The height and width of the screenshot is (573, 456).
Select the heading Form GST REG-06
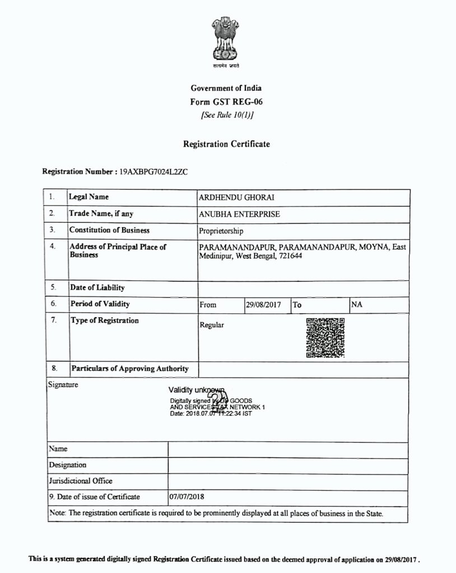(x=226, y=102)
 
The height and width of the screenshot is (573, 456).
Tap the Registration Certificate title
(x=226, y=144)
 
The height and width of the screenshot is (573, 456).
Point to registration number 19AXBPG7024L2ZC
(x=153, y=172)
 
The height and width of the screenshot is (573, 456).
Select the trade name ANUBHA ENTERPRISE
(x=239, y=214)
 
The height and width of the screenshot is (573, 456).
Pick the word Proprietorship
(x=221, y=231)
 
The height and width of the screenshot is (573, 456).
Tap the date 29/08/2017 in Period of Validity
(x=263, y=305)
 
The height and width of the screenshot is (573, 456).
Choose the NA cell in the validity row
(x=356, y=304)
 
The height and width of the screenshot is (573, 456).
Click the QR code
(x=325, y=337)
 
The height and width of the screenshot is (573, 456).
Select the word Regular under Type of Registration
(x=212, y=325)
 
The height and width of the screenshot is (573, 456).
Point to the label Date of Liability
(x=97, y=288)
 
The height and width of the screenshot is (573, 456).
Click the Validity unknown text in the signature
(x=196, y=389)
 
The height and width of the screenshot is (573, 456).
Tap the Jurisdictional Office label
(x=81, y=481)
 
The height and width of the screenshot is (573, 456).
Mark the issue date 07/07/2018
(x=185, y=496)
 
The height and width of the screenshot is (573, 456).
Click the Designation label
(x=68, y=464)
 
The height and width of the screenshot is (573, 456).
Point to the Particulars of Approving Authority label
(x=129, y=369)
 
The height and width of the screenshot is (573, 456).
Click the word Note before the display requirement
(x=57, y=513)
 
